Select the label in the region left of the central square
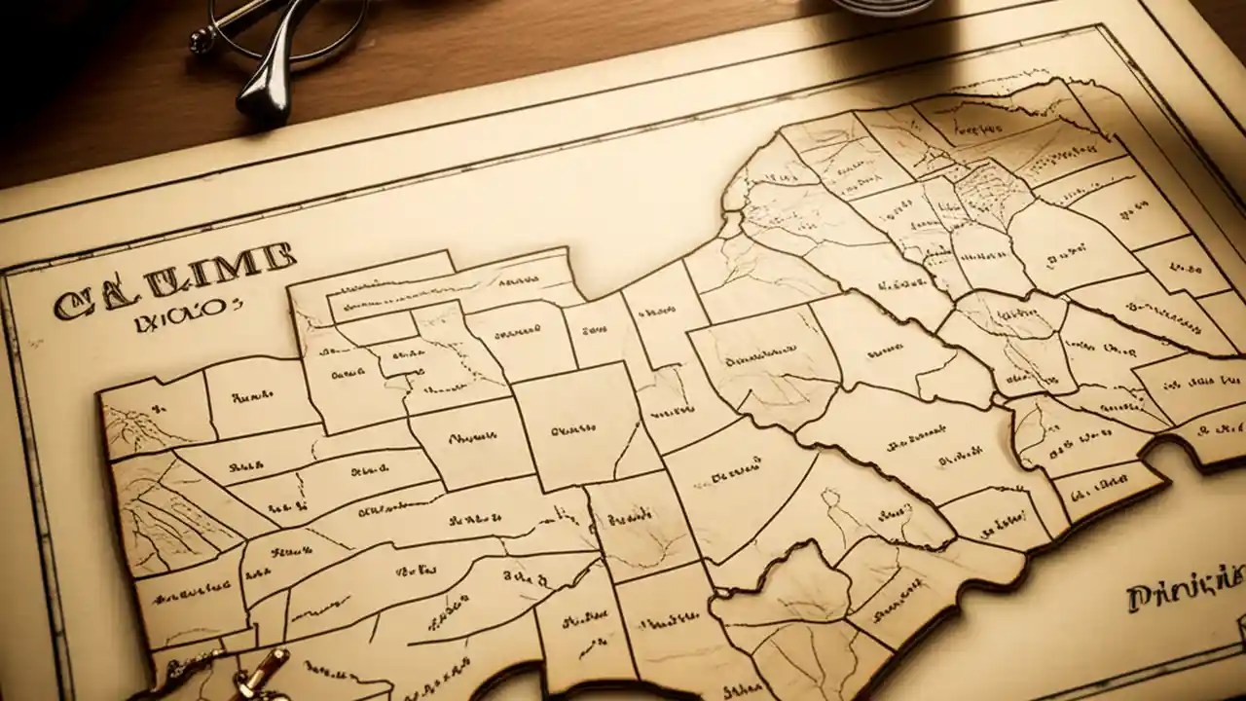click(471, 437)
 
